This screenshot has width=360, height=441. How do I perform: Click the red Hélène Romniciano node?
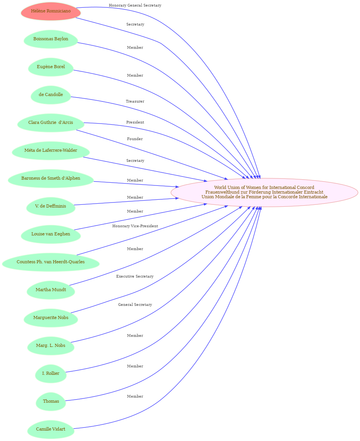(x=51, y=11)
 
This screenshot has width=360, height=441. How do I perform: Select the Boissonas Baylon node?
(x=51, y=39)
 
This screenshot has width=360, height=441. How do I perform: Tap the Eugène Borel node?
(x=51, y=67)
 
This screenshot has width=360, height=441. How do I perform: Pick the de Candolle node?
(x=51, y=95)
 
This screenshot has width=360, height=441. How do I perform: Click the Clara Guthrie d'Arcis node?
(x=51, y=123)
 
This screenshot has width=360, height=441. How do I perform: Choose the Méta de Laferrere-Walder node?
(x=51, y=151)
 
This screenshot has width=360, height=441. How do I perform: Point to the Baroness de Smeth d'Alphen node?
(x=51, y=178)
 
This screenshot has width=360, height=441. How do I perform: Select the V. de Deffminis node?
(x=51, y=206)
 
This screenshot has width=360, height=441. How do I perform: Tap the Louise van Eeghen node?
(x=51, y=234)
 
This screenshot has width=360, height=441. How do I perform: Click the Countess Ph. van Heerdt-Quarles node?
(x=51, y=262)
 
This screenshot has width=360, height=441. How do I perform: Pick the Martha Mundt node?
(x=51, y=290)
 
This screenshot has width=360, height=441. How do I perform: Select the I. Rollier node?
(x=51, y=374)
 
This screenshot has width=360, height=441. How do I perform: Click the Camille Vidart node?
(x=51, y=429)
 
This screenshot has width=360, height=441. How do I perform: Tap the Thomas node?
(x=51, y=402)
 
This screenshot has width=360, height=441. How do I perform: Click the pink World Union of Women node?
(x=264, y=192)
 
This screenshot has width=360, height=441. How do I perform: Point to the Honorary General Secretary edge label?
(x=135, y=5)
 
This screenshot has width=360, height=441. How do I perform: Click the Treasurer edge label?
(x=135, y=101)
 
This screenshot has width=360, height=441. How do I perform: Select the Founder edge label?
(x=135, y=139)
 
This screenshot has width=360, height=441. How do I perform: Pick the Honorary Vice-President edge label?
(x=135, y=226)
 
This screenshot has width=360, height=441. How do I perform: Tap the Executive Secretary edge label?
(x=135, y=276)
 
